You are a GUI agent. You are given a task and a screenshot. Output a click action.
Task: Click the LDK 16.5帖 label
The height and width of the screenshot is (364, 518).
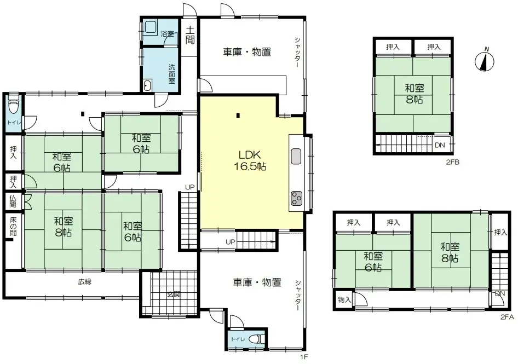click(250, 160)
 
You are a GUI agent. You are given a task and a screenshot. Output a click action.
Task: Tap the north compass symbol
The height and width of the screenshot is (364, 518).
click(484, 60)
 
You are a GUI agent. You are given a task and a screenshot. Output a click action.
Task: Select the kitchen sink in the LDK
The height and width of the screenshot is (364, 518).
click(296, 156)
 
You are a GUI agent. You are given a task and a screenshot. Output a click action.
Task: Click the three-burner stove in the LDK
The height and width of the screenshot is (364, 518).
click(296, 199)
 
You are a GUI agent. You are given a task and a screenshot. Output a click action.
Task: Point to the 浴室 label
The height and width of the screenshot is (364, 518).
click(167, 34)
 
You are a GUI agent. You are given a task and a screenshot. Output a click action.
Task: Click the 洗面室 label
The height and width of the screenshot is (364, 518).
click(172, 73)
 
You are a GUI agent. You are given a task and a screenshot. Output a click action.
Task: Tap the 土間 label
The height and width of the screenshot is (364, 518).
click(190, 35)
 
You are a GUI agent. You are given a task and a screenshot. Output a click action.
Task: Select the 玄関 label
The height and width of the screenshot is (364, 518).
click(174, 293)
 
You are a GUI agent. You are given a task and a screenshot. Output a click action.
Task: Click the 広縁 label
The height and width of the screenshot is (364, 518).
click(84, 282)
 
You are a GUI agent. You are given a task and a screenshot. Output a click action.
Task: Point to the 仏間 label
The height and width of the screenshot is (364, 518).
click(13, 201)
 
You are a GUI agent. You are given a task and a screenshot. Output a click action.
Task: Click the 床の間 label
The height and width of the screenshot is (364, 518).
click(13, 226)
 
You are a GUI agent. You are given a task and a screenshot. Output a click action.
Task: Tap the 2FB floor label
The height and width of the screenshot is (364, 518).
click(453, 162)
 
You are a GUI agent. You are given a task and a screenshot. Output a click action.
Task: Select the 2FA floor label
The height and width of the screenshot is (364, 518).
click(507, 317)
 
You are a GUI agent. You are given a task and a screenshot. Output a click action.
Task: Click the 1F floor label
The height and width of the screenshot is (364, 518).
click(304, 357)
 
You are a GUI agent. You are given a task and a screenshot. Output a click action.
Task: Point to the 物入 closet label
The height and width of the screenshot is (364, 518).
click(344, 300)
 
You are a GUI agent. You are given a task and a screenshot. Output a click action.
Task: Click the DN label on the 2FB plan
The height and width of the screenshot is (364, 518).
click(440, 145)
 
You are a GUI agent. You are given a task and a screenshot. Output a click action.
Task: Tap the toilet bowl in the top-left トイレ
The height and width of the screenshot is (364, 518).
click(13, 106)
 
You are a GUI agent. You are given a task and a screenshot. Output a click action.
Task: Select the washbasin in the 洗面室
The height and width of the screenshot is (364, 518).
click(148, 85)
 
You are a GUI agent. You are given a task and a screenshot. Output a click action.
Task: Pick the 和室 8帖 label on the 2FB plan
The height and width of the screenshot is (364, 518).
click(415, 94)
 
